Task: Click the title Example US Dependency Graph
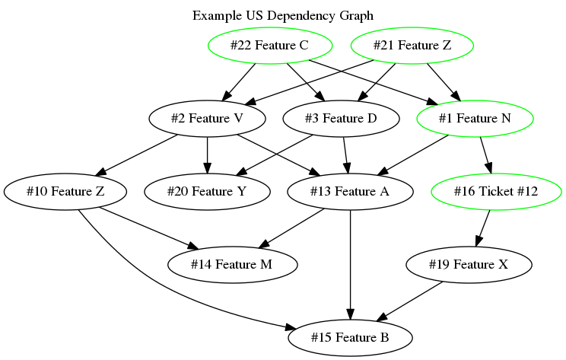pyautogui.click(x=282, y=15)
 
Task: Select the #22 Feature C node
pyautogui.click(x=269, y=46)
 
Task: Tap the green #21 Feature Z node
pyautogui.click(x=412, y=46)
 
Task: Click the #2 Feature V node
pyautogui.click(x=207, y=119)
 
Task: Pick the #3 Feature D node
pyautogui.click(x=340, y=119)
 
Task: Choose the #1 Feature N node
pyautogui.click(x=475, y=119)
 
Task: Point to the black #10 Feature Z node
pyautogui.click(x=65, y=192)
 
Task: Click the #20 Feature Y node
pyautogui.click(x=207, y=192)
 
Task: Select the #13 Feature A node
pyautogui.click(x=350, y=192)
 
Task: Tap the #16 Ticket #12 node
pyautogui.click(x=495, y=192)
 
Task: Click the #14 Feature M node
pyautogui.click(x=233, y=264)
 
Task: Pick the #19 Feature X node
pyautogui.click(x=469, y=264)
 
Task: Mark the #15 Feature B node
pyautogui.click(x=350, y=337)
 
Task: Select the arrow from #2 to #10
pyautogui.click(x=137, y=155)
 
